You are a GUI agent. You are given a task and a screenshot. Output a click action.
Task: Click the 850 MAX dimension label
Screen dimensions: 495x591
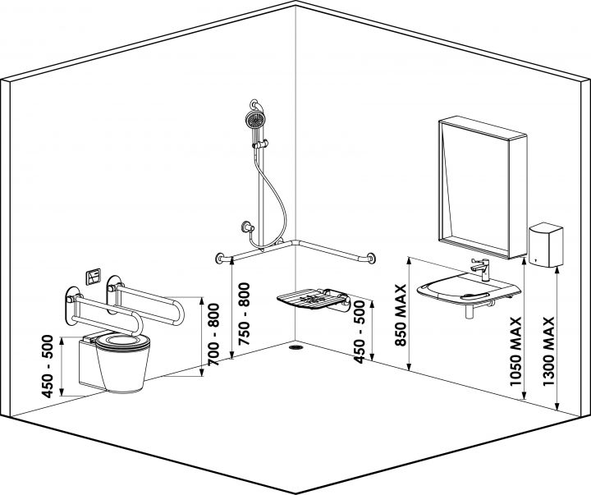401,316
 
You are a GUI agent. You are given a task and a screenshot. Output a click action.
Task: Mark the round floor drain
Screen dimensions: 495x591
295,347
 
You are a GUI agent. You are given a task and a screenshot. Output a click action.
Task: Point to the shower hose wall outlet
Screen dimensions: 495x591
245,227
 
